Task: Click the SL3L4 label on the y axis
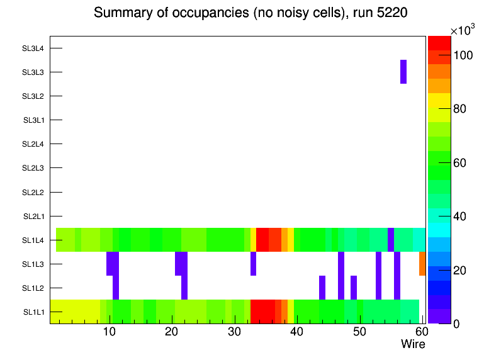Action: (33, 48)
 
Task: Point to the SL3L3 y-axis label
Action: (33, 72)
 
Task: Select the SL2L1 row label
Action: (33, 217)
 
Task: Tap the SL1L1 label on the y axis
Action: (33, 312)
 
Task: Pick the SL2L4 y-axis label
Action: (33, 144)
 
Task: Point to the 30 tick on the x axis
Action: (234, 332)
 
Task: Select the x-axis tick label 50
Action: (359, 332)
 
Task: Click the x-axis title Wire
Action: (413, 344)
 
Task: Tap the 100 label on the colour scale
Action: (463, 55)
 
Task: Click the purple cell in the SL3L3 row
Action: (403, 72)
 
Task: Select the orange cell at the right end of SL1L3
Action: (422, 264)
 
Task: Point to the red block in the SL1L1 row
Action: (262, 312)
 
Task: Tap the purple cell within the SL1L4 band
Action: (391, 240)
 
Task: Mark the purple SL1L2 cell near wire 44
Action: (322, 288)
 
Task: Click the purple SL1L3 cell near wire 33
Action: (253, 264)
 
